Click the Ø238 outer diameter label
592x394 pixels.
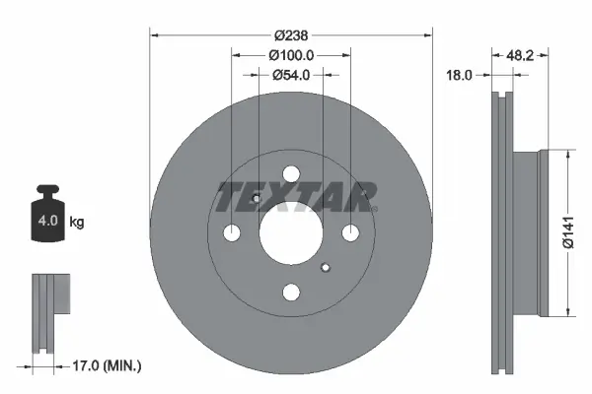click(291, 21)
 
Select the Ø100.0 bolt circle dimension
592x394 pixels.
click(291, 56)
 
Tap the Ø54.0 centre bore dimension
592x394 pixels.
click(291, 74)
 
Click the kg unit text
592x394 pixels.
click(77, 223)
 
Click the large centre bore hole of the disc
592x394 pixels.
click(291, 233)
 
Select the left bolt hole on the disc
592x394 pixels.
click(232, 233)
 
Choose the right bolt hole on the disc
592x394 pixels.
click(350, 233)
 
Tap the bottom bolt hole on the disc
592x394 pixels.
click(291, 293)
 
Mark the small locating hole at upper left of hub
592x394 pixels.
click(256, 200)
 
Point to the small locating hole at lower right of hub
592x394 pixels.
click(327, 267)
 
